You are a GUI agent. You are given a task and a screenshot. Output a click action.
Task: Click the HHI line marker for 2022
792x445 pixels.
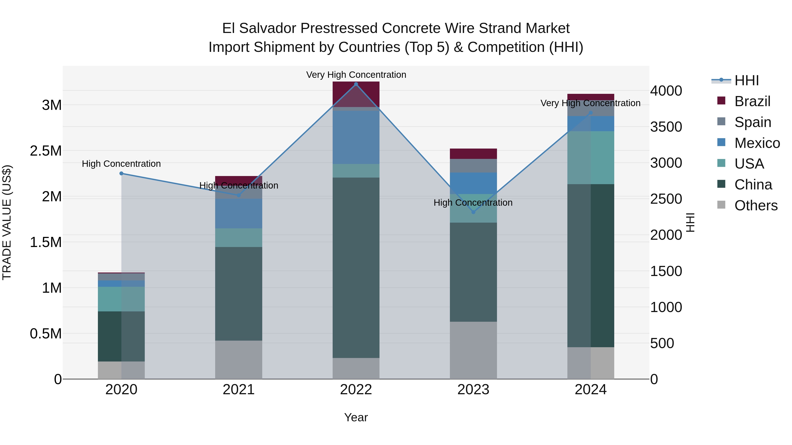click(356, 84)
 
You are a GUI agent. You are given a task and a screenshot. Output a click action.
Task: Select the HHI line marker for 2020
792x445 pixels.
click(121, 174)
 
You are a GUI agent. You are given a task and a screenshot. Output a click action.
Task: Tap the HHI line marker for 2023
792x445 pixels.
click(473, 212)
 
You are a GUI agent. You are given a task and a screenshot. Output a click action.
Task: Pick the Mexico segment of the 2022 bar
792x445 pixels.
click(356, 137)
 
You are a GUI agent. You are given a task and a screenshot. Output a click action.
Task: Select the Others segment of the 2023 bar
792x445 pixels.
click(473, 350)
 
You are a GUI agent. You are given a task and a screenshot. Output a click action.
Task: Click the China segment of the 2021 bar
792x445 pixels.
click(238, 294)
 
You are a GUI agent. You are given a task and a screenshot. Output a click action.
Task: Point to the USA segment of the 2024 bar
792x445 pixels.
click(591, 158)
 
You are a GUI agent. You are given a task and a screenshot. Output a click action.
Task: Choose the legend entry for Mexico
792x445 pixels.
click(757, 143)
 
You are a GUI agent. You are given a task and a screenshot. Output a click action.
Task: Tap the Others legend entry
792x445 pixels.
click(756, 205)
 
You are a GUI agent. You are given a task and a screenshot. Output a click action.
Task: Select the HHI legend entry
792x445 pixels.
click(746, 80)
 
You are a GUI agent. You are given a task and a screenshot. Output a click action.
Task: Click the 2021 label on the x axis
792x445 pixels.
click(238, 390)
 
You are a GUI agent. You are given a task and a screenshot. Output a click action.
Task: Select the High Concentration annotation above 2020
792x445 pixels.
click(121, 164)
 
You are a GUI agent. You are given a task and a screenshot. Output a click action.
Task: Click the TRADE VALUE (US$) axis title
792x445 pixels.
click(7, 222)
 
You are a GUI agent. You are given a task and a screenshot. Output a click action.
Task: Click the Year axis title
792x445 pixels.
click(356, 417)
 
